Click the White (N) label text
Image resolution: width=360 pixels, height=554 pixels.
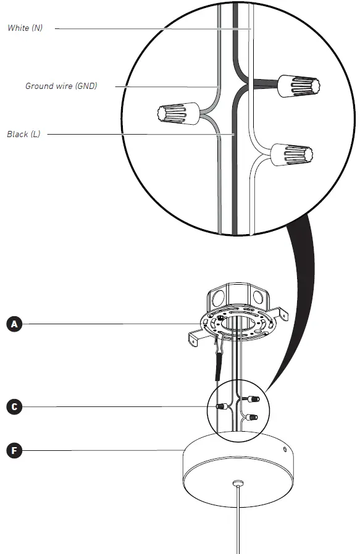(x=25, y=28)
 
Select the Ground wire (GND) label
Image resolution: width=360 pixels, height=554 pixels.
(x=61, y=86)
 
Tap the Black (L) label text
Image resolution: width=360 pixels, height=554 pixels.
(x=23, y=134)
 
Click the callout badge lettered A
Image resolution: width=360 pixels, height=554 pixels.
(x=14, y=324)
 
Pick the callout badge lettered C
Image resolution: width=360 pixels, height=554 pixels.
(x=14, y=406)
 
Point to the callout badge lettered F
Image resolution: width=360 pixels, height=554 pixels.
(x=14, y=451)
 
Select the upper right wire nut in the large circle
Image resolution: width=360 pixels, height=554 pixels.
(x=298, y=86)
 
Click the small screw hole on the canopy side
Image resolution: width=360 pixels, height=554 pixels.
(x=284, y=450)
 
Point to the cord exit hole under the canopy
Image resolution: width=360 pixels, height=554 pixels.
(x=238, y=482)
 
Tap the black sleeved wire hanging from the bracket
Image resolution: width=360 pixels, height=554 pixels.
(x=219, y=368)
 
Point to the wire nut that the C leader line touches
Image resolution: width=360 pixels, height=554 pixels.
(x=220, y=407)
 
